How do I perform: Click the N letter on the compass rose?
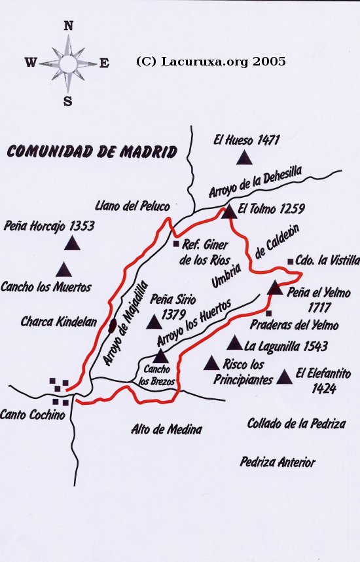coord(68,26)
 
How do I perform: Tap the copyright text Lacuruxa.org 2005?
coord(211,62)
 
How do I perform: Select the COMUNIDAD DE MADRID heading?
coord(92,153)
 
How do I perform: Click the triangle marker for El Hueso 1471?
coord(245,157)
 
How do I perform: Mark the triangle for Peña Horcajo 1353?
coord(72,244)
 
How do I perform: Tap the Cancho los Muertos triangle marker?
coord(63,270)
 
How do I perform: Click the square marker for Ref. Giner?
coord(175,244)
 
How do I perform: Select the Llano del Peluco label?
coord(132,206)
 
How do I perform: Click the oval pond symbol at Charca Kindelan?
coord(113,324)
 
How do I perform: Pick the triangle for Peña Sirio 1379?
coord(154,322)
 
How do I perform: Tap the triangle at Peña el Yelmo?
coord(275,288)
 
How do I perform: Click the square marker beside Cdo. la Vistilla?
coord(290,261)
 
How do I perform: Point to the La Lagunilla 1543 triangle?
coord(234,343)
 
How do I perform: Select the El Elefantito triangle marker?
coord(284,377)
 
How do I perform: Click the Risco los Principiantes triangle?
coord(211,364)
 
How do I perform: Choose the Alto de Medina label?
coord(166,430)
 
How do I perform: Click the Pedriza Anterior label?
coord(278,462)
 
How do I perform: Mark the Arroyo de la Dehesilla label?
coord(255,182)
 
